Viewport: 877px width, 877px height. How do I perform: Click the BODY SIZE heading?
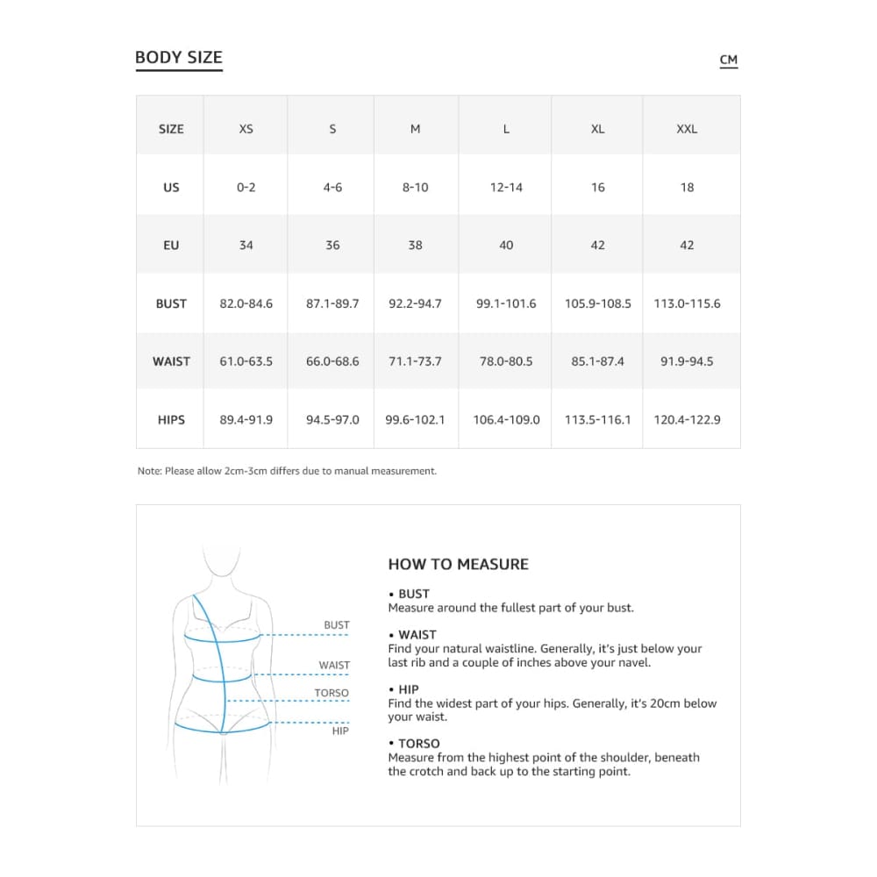coord(179,58)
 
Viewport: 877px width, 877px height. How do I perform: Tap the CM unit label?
coord(728,61)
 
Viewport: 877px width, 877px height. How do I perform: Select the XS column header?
coord(246,129)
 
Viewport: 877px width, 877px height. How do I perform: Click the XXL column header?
coord(687,129)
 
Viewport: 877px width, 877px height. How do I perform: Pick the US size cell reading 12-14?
coord(506,187)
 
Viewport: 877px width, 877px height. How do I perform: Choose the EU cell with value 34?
coord(246,246)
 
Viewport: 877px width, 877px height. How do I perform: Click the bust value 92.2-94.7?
coord(415,303)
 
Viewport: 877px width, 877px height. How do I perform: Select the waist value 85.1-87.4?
coord(597,361)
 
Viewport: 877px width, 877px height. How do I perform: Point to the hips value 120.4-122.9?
coord(687,420)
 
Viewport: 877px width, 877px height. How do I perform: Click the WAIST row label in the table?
coord(171,361)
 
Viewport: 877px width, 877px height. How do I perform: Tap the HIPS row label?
coord(171,420)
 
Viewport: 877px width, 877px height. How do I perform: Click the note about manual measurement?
coord(287,471)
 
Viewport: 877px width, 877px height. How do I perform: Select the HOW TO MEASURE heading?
coord(458,565)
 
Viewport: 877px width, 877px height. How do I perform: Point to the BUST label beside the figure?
coord(337,625)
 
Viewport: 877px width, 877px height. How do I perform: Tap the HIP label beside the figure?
coord(340,731)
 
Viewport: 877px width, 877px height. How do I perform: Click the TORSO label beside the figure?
coord(332,693)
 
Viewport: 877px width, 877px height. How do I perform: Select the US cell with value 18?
coord(687,187)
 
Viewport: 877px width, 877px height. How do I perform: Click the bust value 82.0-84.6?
coord(246,303)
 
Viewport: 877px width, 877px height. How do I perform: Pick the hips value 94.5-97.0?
coord(332,420)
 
